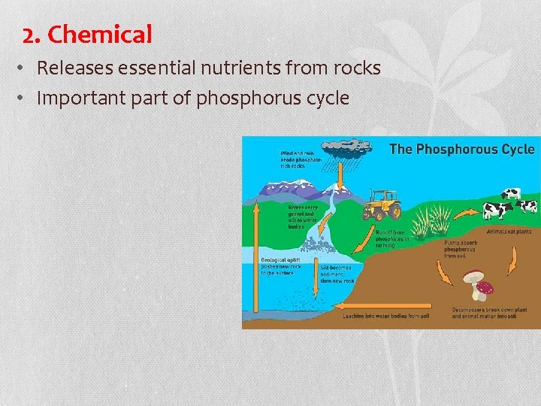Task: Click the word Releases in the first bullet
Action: coord(71,68)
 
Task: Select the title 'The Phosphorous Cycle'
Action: coord(461,149)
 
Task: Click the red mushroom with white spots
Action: coord(485,288)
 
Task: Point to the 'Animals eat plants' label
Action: coord(509,232)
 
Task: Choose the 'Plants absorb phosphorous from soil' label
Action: coord(460,250)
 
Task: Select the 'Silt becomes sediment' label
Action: coord(337,274)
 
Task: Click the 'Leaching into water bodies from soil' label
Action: coord(386,317)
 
